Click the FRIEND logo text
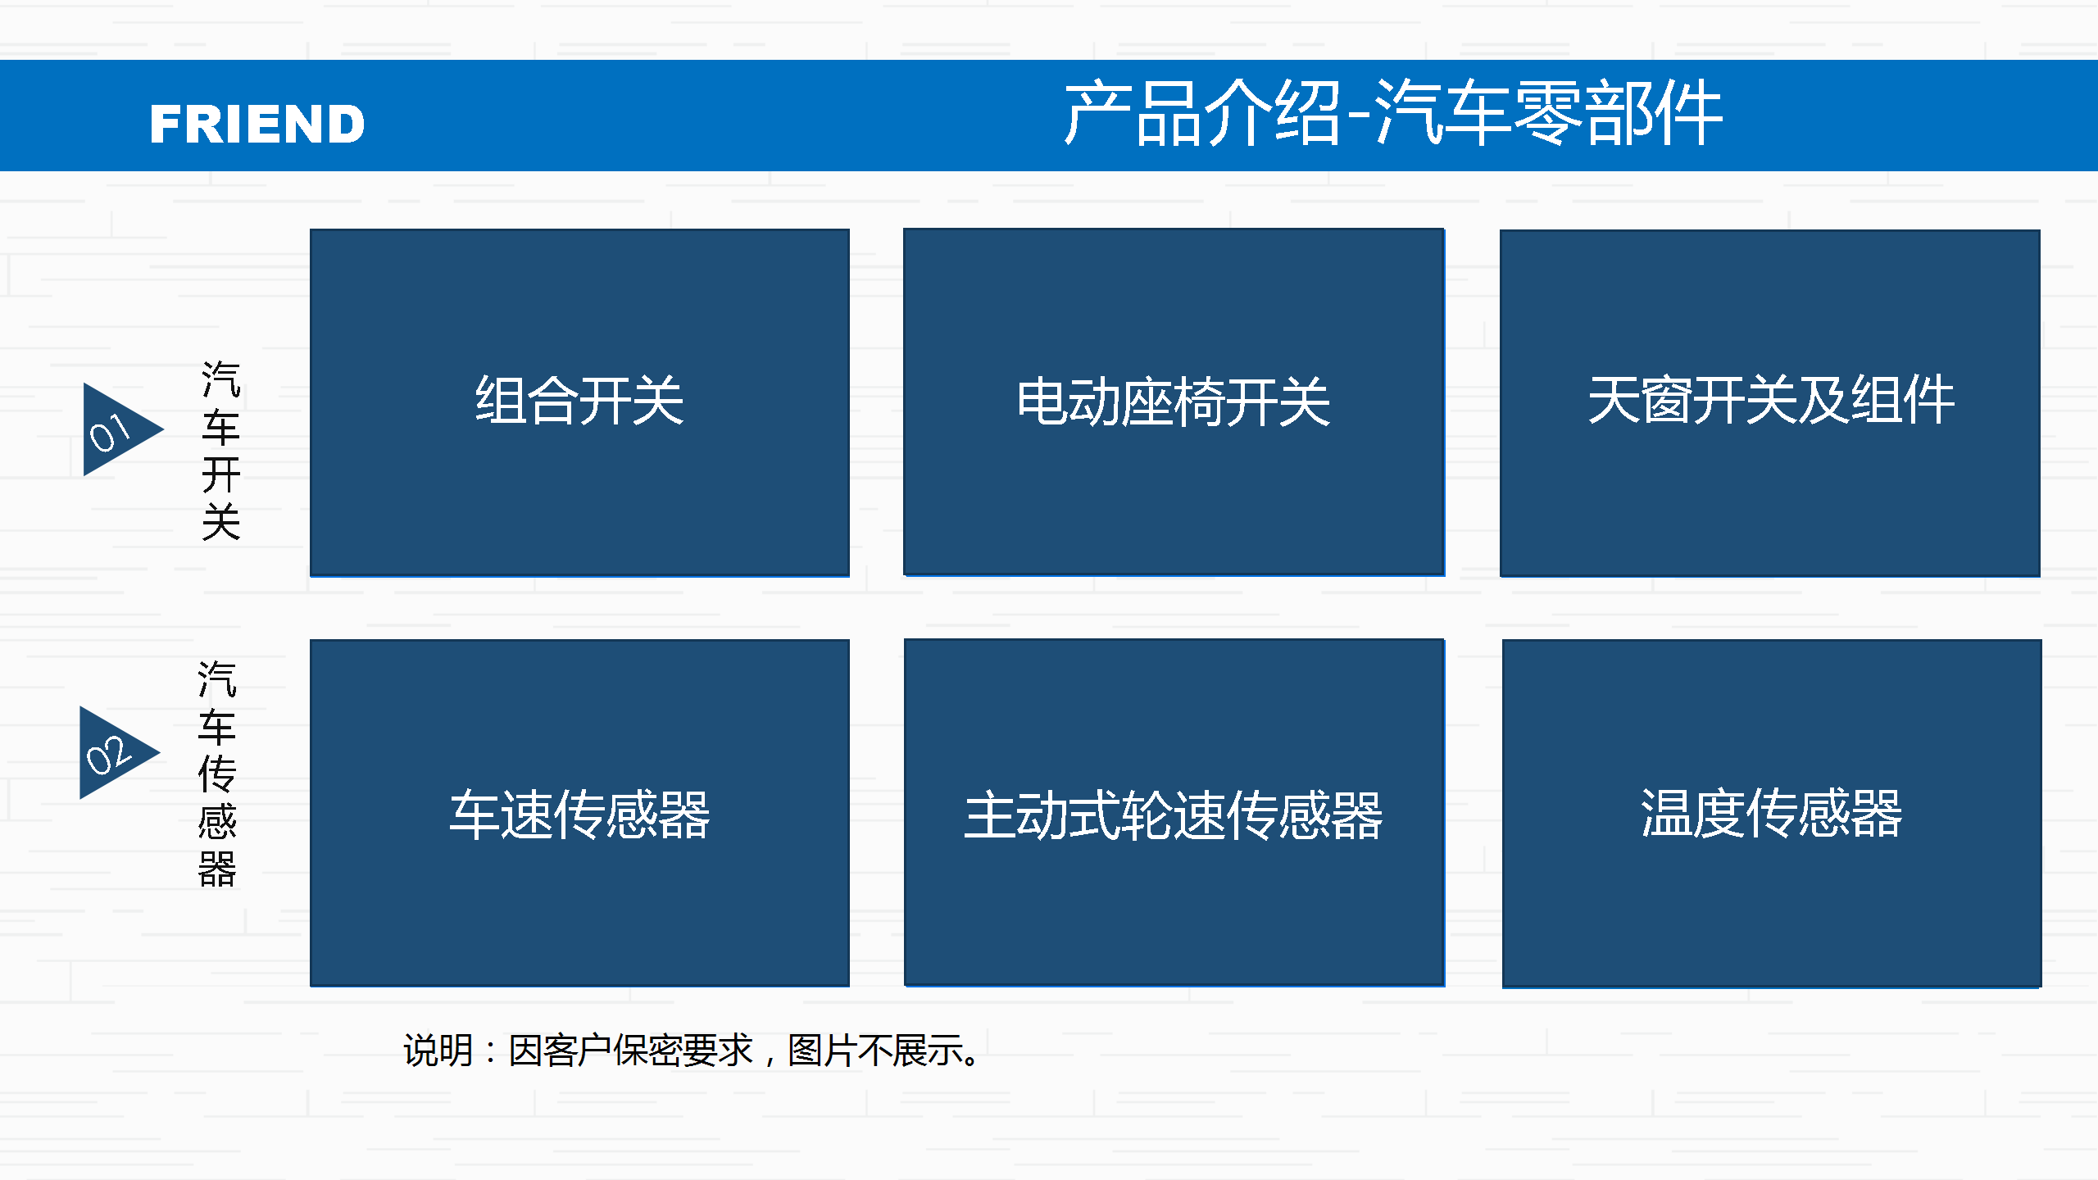[x=257, y=124]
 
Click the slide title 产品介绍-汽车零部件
[x=1393, y=113]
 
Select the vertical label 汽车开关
[x=221, y=451]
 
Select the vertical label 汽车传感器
[x=217, y=774]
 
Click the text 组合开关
[x=579, y=401]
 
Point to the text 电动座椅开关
[x=1174, y=402]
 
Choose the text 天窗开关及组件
[x=1771, y=400]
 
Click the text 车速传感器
[x=579, y=815]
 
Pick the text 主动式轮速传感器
[x=1174, y=815]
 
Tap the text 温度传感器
[x=1771, y=813]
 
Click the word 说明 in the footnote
[x=438, y=1051]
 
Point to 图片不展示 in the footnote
[x=875, y=1051]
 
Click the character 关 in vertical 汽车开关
[x=221, y=522]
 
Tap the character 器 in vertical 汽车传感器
[x=217, y=869]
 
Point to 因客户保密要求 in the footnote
[x=630, y=1051]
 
